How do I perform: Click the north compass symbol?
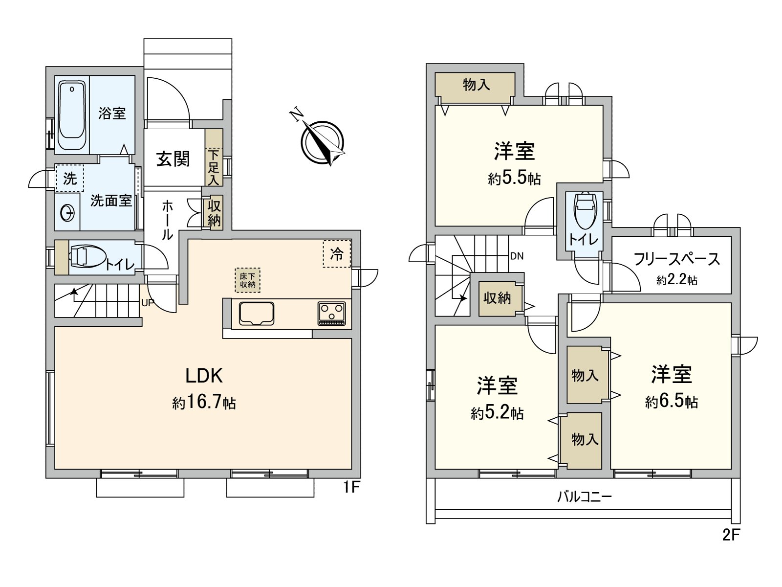[322, 141]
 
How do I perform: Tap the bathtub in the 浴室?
[72, 116]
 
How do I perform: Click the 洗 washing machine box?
[70, 179]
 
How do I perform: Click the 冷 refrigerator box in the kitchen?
[337, 254]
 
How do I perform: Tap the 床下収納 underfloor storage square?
[247, 280]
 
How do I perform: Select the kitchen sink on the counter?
[256, 314]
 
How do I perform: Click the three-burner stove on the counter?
[332, 313]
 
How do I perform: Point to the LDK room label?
[204, 376]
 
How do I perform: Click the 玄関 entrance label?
[173, 158]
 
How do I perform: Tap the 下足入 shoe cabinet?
[214, 167]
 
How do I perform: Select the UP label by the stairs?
[148, 303]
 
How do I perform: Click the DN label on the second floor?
[517, 256]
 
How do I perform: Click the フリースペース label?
[676, 259]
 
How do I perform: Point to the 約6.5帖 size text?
[671, 402]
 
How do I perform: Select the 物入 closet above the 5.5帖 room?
[476, 86]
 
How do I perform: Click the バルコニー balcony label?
[585, 497]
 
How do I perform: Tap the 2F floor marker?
[731, 535]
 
